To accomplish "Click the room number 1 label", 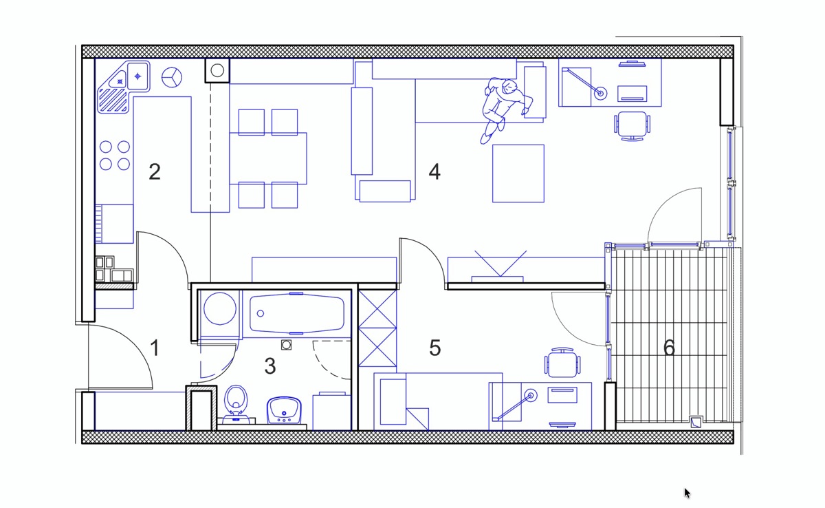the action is [x=155, y=348].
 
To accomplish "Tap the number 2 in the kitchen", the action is [x=155, y=171].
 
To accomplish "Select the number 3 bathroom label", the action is [x=270, y=366].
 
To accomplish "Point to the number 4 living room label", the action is [x=434, y=171].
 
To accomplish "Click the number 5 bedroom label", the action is [x=435, y=348].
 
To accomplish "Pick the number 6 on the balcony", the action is [x=669, y=348].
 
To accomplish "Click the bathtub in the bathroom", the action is [x=297, y=314].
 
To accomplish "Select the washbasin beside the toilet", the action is [x=284, y=410].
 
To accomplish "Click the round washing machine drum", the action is [x=220, y=308].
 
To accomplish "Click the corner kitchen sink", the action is [x=124, y=86].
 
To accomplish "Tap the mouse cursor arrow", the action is [x=687, y=494].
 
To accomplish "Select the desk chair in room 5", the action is [x=562, y=363].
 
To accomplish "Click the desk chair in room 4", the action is [x=632, y=126].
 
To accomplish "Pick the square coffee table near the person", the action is [x=518, y=173].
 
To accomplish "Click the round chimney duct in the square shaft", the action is [x=217, y=70].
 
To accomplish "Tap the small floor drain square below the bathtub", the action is [x=286, y=345].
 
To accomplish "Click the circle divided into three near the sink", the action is [x=172, y=77].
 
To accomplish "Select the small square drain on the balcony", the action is [x=696, y=422].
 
